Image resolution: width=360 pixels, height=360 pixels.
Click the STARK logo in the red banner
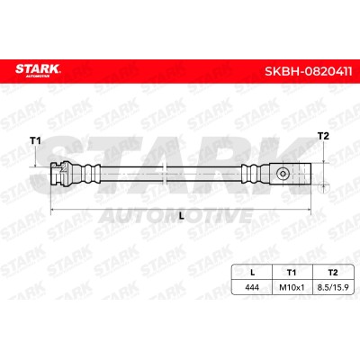(x=38, y=70)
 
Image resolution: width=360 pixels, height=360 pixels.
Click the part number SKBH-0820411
(x=309, y=72)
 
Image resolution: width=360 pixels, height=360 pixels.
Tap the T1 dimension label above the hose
(x=35, y=140)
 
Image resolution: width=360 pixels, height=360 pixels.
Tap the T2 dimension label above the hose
(x=323, y=136)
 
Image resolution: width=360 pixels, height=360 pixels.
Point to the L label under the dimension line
(x=181, y=215)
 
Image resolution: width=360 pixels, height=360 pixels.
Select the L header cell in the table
(x=252, y=273)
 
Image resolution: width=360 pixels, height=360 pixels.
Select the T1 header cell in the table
(x=292, y=273)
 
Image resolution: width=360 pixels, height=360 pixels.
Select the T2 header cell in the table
(x=333, y=273)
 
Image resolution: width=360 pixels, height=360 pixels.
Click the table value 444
(x=252, y=287)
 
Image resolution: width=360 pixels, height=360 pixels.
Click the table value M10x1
(x=292, y=287)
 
